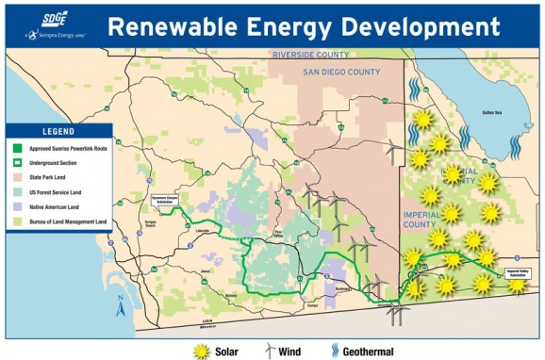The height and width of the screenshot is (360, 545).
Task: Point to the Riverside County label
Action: [x=310, y=55]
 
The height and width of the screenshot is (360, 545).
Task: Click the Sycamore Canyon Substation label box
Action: [x=166, y=202]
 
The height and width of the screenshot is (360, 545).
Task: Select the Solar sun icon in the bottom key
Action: [x=201, y=350]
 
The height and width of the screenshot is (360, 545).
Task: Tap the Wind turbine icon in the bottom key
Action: [x=269, y=350]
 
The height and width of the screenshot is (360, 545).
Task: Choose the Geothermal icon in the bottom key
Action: [x=335, y=350]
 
